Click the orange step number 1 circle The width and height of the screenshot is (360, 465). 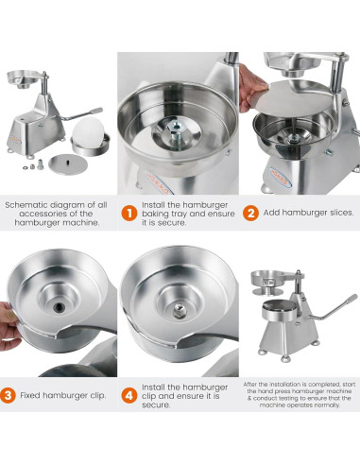pyautogui.click(x=128, y=213)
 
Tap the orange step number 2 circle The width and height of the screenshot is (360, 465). pyautogui.click(x=250, y=213)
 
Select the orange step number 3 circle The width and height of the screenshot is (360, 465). pyautogui.click(x=8, y=395)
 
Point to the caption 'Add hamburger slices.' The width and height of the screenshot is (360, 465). pyautogui.click(x=309, y=213)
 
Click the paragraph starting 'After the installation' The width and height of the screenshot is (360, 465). pyautogui.click(x=300, y=395)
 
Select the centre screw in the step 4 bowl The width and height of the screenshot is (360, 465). pyautogui.click(x=178, y=309)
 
